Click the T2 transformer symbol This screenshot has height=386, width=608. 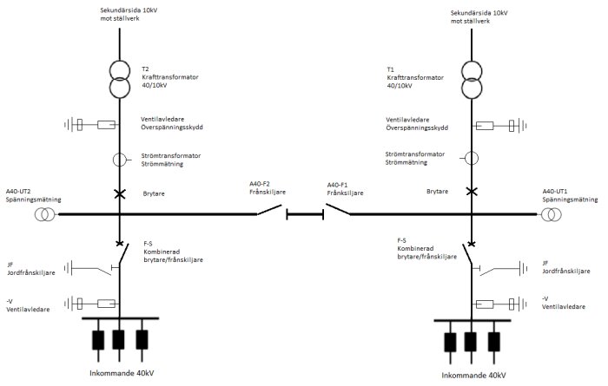pos(119,80)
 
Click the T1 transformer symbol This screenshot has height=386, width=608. pos(473,80)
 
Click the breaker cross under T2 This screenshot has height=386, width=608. pos(119,191)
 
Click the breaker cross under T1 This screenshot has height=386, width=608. pos(472,191)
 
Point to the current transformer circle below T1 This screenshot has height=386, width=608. pos(471,160)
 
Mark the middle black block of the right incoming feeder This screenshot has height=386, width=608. pos(473,340)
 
